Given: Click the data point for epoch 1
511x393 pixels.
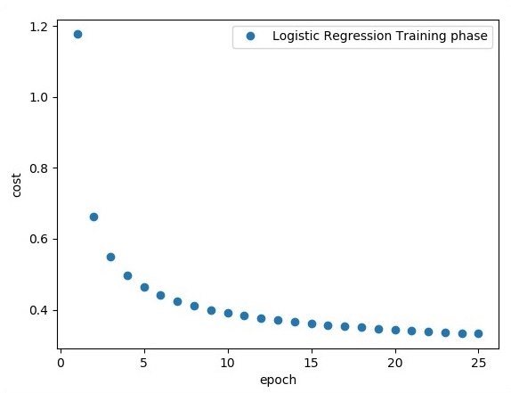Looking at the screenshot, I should tap(77, 34).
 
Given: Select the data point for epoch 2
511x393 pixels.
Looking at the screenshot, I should tap(93, 217).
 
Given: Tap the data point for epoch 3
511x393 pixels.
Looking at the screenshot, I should tap(110, 257).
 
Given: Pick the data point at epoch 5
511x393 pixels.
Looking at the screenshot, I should tap(144, 287).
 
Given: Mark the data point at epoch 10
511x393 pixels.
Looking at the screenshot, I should tap(228, 313).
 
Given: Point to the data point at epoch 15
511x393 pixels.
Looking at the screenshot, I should tap(312, 323).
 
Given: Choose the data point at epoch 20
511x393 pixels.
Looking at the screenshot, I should tap(395, 330).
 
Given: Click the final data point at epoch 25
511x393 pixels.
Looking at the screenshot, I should tap(478, 333).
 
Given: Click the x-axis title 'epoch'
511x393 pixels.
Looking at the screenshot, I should tap(277, 380).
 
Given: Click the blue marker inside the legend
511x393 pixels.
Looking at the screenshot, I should tap(250, 37).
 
